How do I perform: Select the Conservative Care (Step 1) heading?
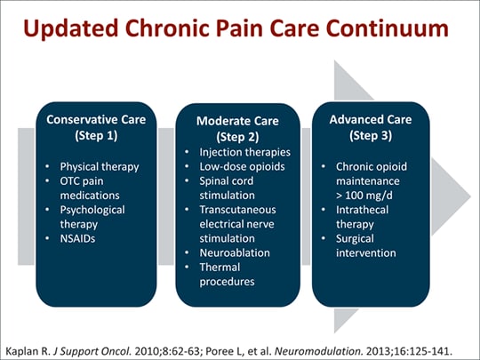(x=92, y=127)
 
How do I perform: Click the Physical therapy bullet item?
(x=99, y=166)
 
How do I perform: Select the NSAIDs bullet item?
(x=83, y=240)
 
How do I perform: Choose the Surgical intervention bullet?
(x=365, y=247)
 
